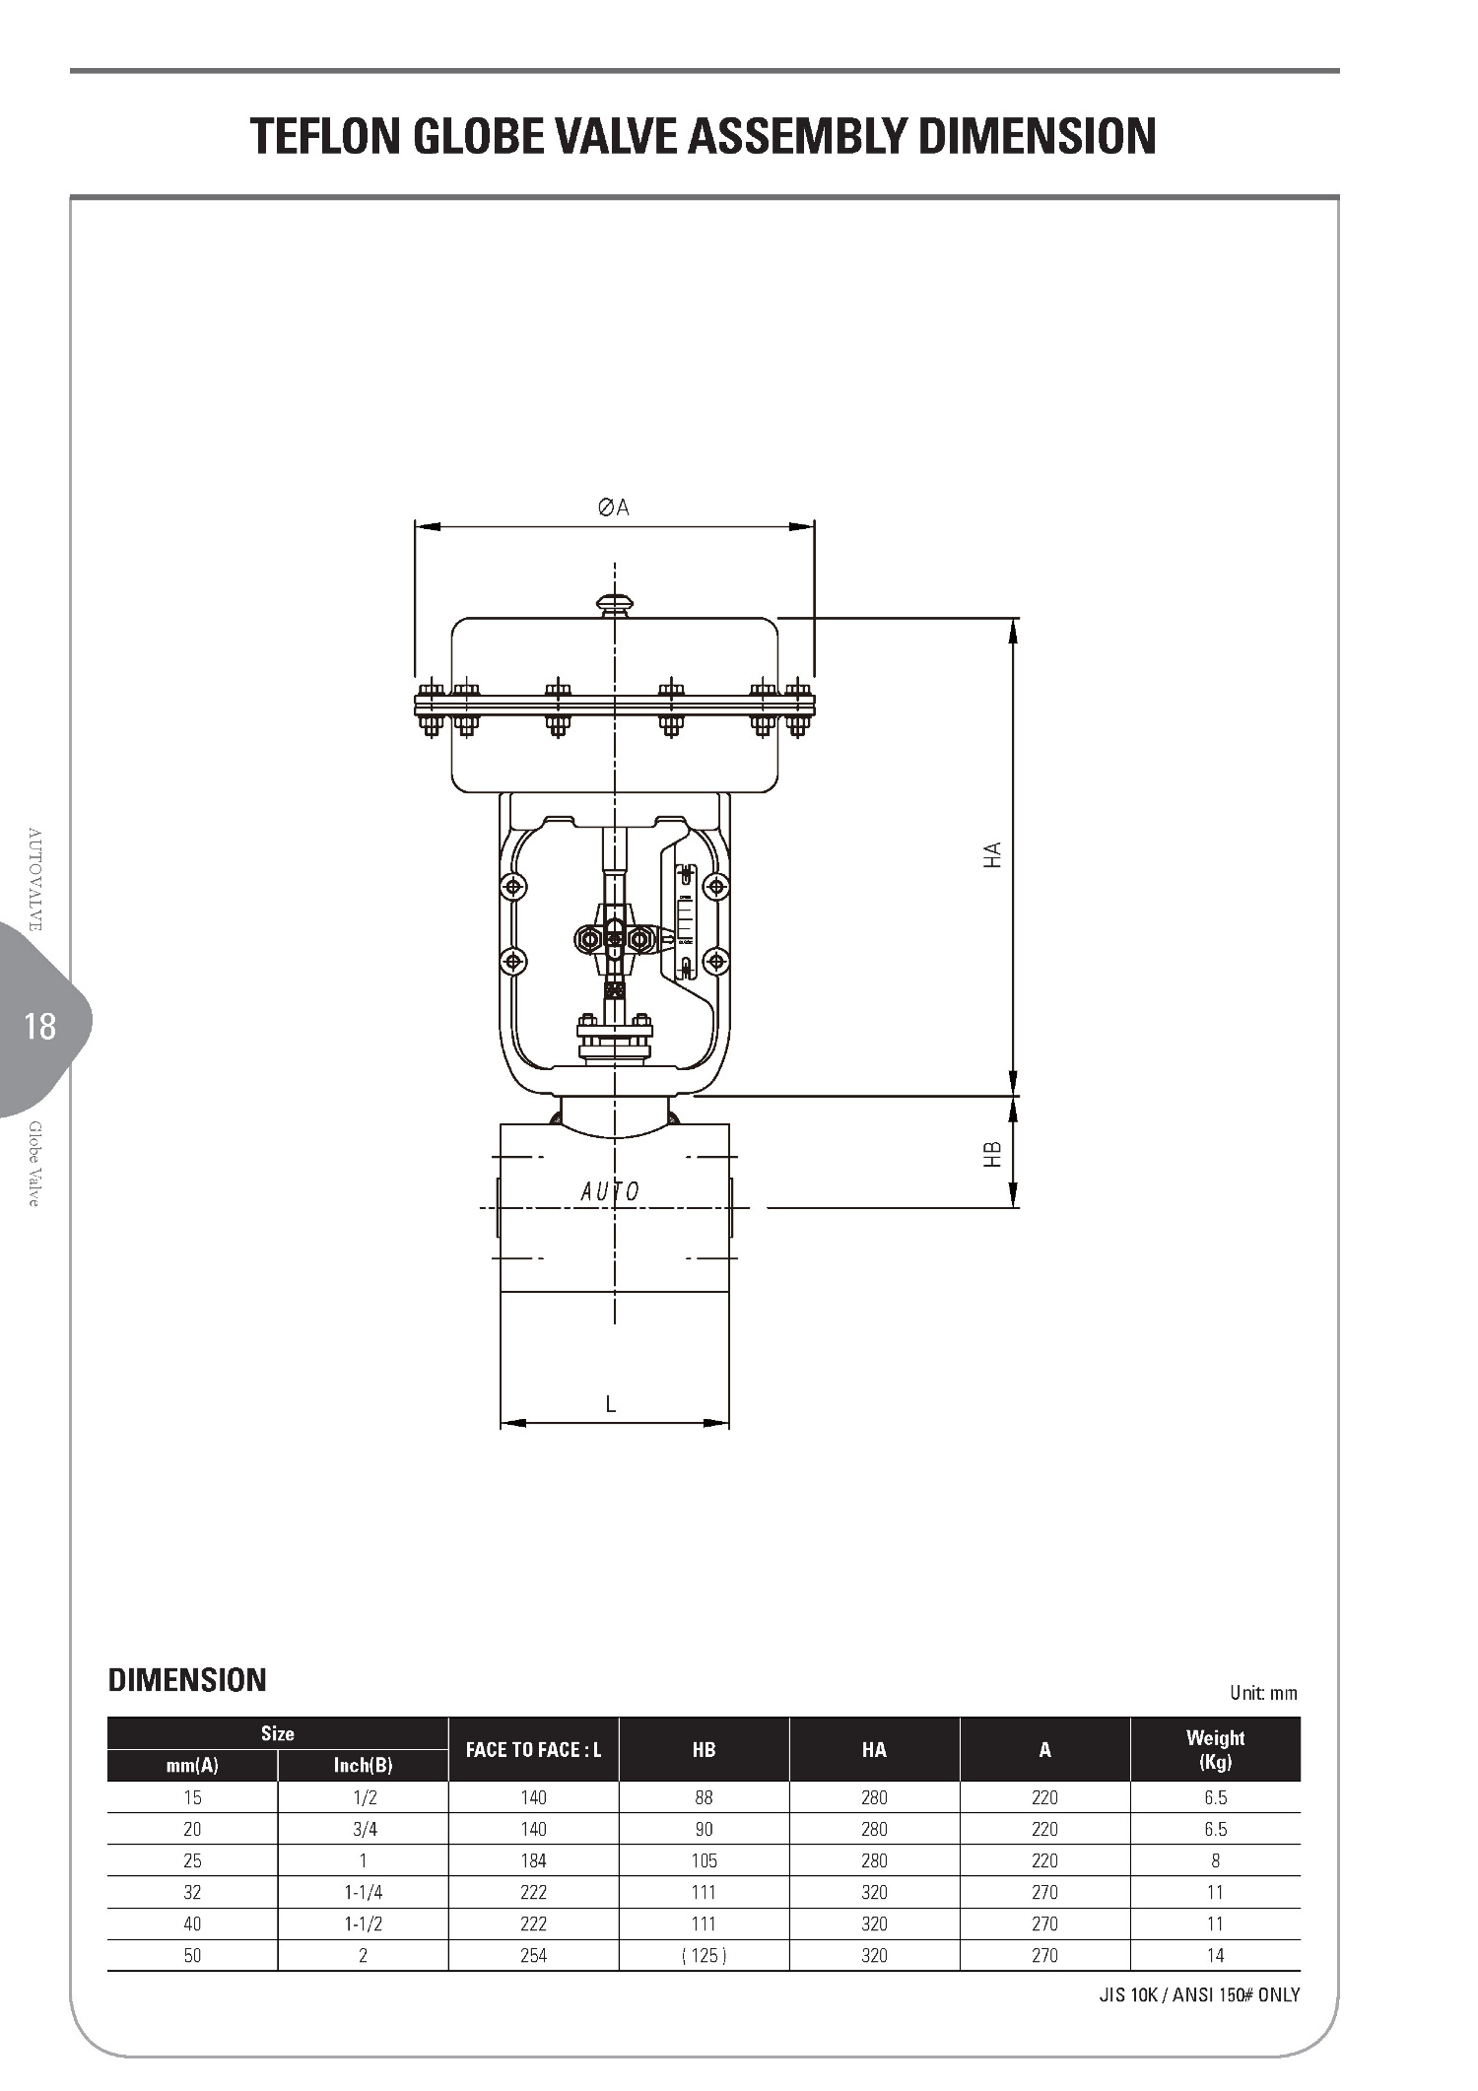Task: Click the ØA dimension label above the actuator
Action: tap(613, 507)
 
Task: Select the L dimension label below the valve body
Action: tap(611, 1404)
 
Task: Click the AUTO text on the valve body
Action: tap(610, 1191)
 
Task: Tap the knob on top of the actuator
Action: tap(614, 604)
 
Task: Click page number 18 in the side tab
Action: tap(40, 1027)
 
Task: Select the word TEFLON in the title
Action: tap(326, 136)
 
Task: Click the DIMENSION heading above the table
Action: tap(187, 1679)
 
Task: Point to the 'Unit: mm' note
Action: tap(1263, 1693)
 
